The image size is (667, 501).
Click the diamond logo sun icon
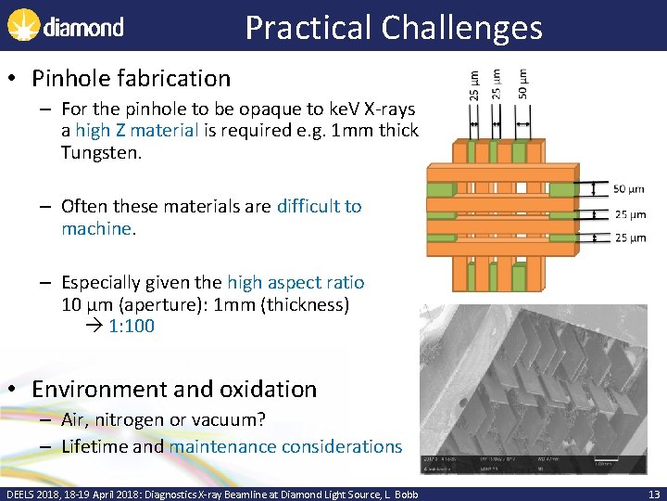(22, 25)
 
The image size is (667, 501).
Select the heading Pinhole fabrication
(131, 79)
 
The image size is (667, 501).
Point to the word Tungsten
(100, 152)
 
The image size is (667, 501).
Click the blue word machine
(96, 228)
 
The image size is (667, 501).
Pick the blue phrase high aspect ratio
(296, 282)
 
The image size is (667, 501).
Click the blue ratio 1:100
(132, 326)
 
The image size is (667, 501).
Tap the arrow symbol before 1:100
(96, 326)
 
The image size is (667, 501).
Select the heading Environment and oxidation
(174, 389)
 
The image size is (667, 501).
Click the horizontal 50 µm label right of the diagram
(629, 190)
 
